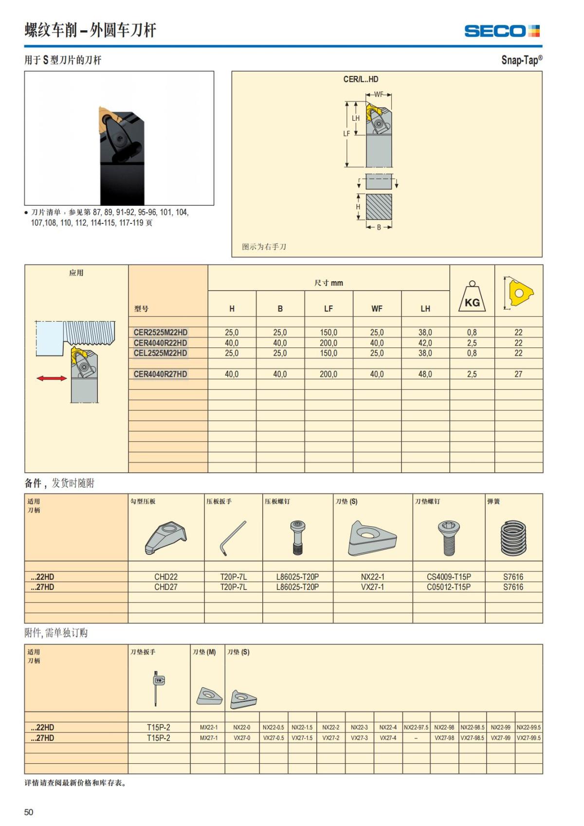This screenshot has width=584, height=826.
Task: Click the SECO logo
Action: [502, 31]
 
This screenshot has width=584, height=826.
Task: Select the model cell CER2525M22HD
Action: [161, 332]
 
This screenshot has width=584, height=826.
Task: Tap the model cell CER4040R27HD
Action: [161, 374]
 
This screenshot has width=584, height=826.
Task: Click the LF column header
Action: [328, 309]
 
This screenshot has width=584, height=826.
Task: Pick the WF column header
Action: [377, 309]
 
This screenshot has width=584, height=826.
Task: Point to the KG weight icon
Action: [472, 297]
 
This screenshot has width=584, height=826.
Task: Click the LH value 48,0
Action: [425, 374]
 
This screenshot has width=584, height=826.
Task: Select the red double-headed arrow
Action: [52, 378]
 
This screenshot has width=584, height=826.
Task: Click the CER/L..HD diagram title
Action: [361, 79]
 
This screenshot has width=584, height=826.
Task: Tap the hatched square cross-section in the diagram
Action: [379, 207]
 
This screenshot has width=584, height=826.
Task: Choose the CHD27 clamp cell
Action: [166, 587]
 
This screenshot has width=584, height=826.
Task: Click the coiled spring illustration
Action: [513, 538]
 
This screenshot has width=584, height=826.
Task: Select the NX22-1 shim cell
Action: [372, 577]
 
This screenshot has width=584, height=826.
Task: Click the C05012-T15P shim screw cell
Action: [449, 587]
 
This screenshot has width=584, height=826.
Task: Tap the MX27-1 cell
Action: [209, 738]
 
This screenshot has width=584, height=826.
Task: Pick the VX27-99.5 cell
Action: [529, 738]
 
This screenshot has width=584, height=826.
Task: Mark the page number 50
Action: [29, 812]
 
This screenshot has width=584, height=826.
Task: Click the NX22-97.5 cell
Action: [416, 727]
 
